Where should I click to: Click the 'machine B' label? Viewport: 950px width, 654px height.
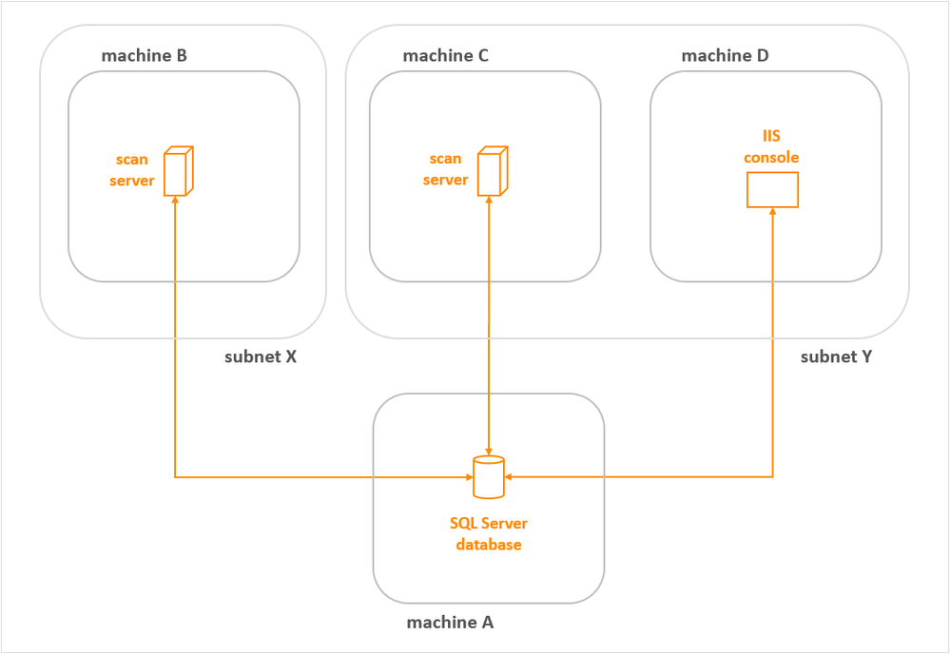pyautogui.click(x=144, y=56)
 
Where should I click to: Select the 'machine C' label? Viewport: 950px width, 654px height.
pyautogui.click(x=445, y=56)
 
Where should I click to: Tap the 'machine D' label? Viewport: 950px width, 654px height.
pyautogui.click(x=725, y=56)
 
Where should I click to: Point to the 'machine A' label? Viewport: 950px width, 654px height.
pyautogui.click(x=450, y=623)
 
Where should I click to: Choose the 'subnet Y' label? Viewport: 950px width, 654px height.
pyautogui.click(x=836, y=357)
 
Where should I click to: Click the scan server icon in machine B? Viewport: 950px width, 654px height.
pyautogui.click(x=177, y=171)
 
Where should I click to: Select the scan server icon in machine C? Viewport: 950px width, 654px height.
pyautogui.click(x=490, y=171)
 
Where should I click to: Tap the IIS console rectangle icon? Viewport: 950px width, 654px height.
pyautogui.click(x=771, y=190)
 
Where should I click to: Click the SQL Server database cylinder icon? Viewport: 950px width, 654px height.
pyautogui.click(x=488, y=477)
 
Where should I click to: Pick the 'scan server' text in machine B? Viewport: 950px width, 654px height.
pyautogui.click(x=132, y=170)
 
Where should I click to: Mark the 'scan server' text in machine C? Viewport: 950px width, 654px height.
pyautogui.click(x=445, y=169)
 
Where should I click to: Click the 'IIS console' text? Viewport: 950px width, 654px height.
pyautogui.click(x=770, y=147)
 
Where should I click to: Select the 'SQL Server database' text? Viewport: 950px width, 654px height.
pyautogui.click(x=488, y=534)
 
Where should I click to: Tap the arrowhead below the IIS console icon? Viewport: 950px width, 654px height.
pyautogui.click(x=772, y=213)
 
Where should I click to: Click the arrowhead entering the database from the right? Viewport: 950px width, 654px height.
pyautogui.click(x=510, y=476)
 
